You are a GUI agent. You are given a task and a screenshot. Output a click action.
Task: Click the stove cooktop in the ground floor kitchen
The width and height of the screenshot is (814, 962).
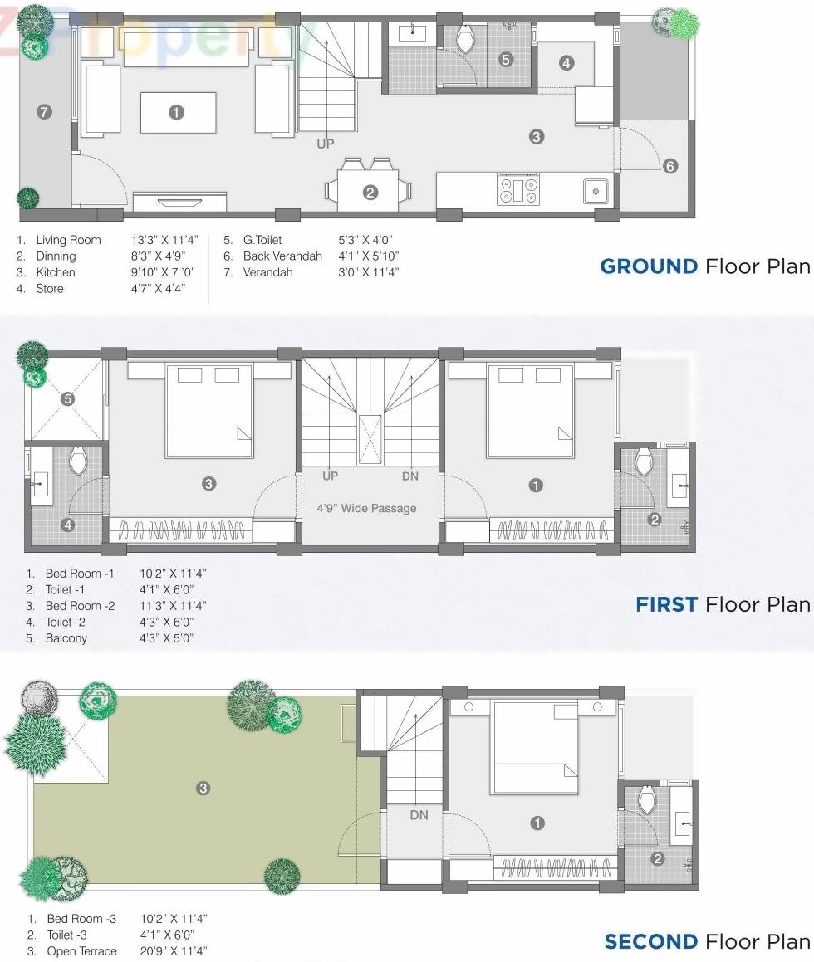point(518,190)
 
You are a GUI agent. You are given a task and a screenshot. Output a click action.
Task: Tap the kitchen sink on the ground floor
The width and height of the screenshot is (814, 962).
point(595,191)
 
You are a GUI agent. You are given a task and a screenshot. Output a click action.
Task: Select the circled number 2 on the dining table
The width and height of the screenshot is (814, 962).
point(370,193)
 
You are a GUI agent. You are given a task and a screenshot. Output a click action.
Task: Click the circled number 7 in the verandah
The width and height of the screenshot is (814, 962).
point(44,112)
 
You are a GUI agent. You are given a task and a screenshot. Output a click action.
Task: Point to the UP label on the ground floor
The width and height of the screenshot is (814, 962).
point(326,144)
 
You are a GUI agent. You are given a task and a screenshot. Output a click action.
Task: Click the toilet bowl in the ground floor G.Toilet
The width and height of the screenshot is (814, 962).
point(465,38)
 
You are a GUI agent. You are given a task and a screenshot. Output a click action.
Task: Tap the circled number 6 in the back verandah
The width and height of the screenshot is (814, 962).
point(670,166)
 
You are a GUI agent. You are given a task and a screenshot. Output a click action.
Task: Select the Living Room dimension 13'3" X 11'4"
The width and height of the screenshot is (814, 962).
point(164,240)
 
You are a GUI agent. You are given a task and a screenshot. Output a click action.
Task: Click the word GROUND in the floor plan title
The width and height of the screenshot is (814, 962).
point(649,266)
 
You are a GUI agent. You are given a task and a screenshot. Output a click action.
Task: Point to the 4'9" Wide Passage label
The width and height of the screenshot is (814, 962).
point(366,508)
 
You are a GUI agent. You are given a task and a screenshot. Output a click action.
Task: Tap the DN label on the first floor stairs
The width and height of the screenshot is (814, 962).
point(410,476)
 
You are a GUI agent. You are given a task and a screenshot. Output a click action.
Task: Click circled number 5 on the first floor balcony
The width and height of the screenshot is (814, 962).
point(68,399)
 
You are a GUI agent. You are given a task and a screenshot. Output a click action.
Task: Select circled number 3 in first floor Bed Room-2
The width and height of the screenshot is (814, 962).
point(209,483)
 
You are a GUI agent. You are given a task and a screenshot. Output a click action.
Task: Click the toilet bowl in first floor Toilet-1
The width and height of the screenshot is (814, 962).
point(644,461)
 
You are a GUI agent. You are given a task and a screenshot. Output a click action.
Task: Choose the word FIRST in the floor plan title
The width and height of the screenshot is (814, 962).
point(666,604)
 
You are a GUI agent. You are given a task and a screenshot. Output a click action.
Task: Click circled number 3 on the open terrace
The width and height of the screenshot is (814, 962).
point(203,788)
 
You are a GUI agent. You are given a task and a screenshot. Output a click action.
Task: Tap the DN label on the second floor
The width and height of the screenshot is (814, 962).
point(419,815)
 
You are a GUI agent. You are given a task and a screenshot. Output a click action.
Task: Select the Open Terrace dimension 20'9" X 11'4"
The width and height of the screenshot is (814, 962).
point(174,951)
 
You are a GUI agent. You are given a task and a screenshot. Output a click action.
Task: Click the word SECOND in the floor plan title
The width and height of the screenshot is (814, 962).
point(651,941)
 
